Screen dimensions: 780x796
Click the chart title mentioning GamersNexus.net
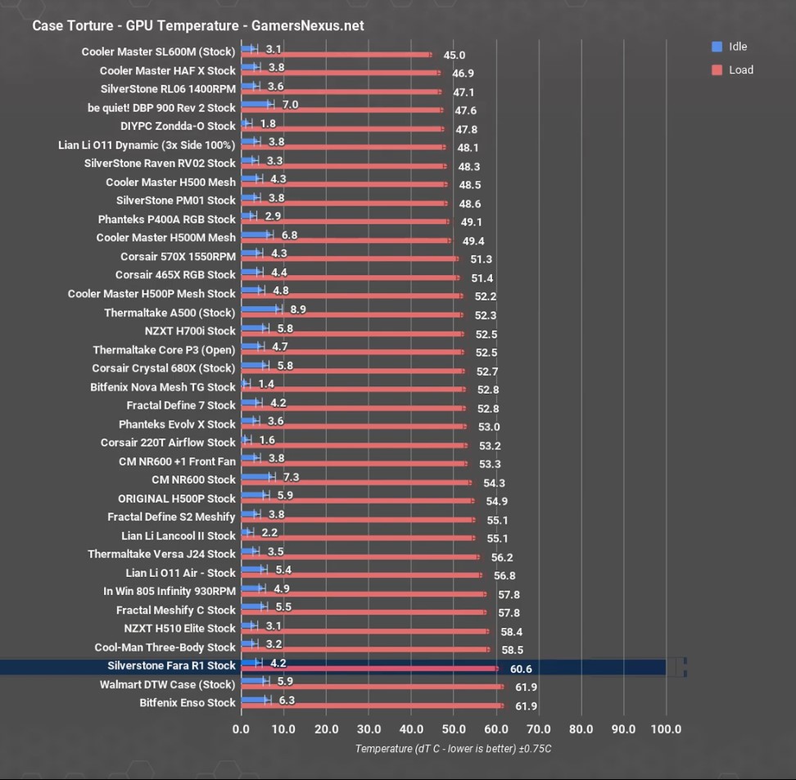[197, 25]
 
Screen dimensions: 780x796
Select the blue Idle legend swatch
[717, 47]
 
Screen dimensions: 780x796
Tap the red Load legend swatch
[717, 70]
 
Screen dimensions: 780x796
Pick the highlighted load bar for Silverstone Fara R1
[369, 669]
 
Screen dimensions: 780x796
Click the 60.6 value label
[521, 669]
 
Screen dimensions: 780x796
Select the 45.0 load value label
[454, 56]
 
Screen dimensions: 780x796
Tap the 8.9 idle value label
[298, 309]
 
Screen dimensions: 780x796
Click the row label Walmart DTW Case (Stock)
[167, 684]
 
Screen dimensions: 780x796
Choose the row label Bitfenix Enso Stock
[187, 702]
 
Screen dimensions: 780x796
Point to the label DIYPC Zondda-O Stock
[178, 126]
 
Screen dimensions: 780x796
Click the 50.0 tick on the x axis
[454, 728]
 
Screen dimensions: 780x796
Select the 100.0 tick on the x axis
[665, 728]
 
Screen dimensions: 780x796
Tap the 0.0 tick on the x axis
[242, 728]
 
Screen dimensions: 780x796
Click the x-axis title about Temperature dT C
[453, 748]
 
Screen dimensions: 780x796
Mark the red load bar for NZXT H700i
[352, 334]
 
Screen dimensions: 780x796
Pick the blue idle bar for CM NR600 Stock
[257, 477]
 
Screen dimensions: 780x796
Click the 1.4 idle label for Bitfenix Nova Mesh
[265, 384]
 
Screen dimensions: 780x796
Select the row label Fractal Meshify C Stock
[175, 610]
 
